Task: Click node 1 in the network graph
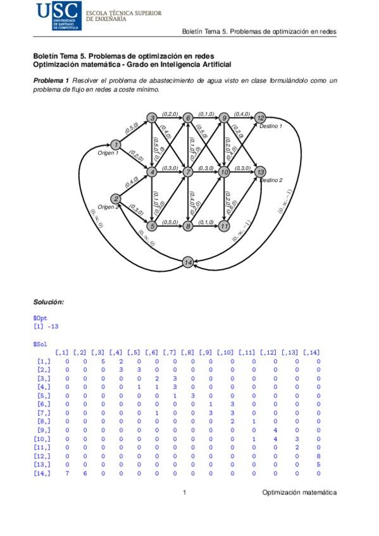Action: (115, 145)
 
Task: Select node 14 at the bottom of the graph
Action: (188, 262)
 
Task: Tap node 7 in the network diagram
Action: (188, 172)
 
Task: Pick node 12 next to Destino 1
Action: (261, 118)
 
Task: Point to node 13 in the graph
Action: (260, 172)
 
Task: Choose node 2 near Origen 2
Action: (116, 198)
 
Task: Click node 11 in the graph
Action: (224, 226)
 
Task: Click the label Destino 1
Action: (271, 126)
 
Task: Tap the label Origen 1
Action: (108, 154)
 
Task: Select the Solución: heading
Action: (49, 302)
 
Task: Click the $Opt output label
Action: (40, 319)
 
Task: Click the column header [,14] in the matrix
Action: (311, 352)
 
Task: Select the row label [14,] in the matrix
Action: (44, 473)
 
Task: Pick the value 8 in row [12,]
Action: (318, 455)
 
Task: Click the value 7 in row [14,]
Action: (66, 473)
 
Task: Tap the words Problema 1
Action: (51, 81)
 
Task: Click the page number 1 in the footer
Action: (183, 492)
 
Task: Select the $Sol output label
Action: (40, 343)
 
